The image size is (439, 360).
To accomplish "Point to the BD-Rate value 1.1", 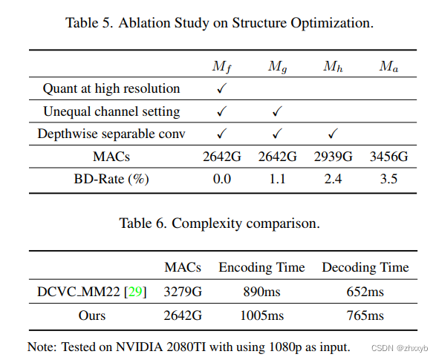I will [277, 179].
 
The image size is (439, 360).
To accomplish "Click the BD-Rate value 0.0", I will [222, 179].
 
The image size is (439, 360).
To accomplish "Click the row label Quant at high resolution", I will [111, 89].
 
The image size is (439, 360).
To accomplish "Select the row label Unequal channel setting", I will [111, 111].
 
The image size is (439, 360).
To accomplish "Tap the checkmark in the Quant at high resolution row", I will [221, 89].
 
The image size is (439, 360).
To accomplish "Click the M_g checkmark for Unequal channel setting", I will [277, 111].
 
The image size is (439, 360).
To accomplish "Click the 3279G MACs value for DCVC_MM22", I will [183, 292].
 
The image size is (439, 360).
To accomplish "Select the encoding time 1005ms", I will [261, 315].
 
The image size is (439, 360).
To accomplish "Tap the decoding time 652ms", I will [365, 292].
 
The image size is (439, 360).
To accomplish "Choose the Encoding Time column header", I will [261, 267].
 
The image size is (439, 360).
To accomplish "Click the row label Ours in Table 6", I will [92, 315].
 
